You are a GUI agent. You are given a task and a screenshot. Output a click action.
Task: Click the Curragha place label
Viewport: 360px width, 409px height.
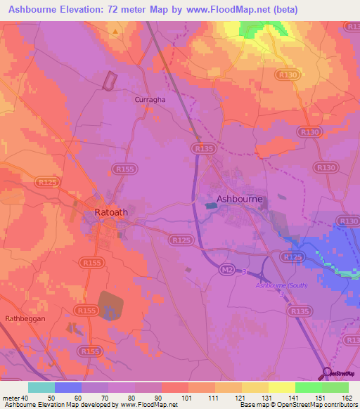click(150, 100)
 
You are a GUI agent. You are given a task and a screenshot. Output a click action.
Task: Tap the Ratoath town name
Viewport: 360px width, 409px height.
click(110, 211)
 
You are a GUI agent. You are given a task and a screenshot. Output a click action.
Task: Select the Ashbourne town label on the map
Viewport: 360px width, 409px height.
click(240, 199)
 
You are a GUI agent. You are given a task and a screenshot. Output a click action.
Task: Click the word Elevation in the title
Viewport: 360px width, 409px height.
click(91, 9)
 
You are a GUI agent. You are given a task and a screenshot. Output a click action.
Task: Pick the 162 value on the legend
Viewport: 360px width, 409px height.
click(346, 398)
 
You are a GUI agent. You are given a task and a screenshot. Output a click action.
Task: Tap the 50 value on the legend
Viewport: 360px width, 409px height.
click(51, 398)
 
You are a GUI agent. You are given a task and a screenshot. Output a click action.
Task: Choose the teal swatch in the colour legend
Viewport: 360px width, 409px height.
click(41, 387)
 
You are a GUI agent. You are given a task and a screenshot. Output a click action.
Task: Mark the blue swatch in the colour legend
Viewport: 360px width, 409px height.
click(68, 387)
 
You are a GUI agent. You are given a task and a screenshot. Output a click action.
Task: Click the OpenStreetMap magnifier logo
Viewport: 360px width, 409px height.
click(328, 372)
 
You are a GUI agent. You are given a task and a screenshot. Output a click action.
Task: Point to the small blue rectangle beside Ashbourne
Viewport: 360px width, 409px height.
click(212, 205)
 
